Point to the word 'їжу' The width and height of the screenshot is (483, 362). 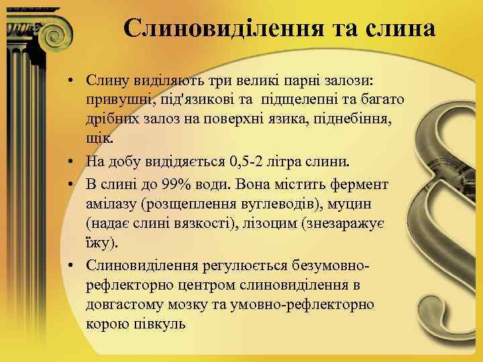point(97,242)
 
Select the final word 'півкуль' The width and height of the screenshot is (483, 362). point(164,324)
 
